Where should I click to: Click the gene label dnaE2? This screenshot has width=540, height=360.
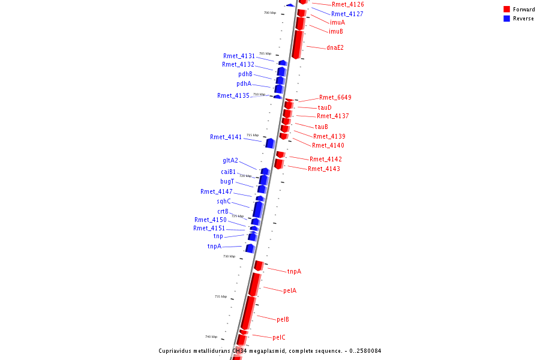(x=335, y=48)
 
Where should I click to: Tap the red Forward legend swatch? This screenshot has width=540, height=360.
(x=506, y=10)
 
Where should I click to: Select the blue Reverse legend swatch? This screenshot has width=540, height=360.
(x=506, y=19)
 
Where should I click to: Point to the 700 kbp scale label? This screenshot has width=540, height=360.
(x=270, y=13)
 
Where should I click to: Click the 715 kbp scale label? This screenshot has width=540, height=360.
(x=253, y=135)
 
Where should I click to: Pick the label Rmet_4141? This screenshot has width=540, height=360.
(x=226, y=137)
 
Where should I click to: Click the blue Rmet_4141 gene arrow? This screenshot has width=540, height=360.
(x=270, y=143)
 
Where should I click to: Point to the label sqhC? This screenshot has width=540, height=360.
(x=224, y=202)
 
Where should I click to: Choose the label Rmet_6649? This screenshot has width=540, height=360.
(x=335, y=97)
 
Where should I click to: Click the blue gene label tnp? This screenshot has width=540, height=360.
(x=218, y=236)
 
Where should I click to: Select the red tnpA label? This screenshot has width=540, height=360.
(x=294, y=272)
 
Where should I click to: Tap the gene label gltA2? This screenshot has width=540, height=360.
(x=230, y=161)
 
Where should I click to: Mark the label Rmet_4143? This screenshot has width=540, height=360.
(x=324, y=169)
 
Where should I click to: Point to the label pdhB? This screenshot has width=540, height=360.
(x=245, y=74)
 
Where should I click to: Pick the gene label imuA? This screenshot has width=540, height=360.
(x=337, y=22)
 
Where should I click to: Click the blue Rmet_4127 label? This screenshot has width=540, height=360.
(x=347, y=14)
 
